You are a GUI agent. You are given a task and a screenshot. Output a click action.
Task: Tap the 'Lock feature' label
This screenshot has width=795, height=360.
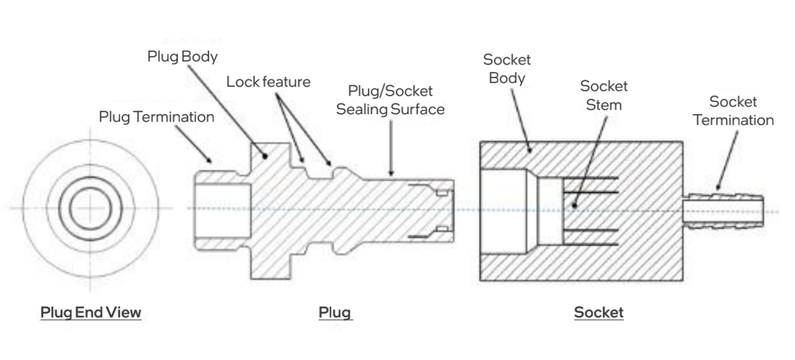tap(268, 81)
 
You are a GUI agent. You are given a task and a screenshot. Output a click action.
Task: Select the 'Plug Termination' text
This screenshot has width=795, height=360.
tap(157, 117)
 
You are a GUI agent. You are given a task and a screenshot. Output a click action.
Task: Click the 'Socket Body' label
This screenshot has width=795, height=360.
tap(506, 68)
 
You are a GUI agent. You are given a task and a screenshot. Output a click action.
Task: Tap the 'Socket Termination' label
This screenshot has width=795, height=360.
tap(738, 110)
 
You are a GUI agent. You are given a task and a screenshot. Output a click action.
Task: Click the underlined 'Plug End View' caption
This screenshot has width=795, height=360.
tap(91, 313)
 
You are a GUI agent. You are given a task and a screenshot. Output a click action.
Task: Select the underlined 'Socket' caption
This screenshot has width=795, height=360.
tap(598, 313)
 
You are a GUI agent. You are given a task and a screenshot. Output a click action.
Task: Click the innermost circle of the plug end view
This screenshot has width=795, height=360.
tap(90, 208)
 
